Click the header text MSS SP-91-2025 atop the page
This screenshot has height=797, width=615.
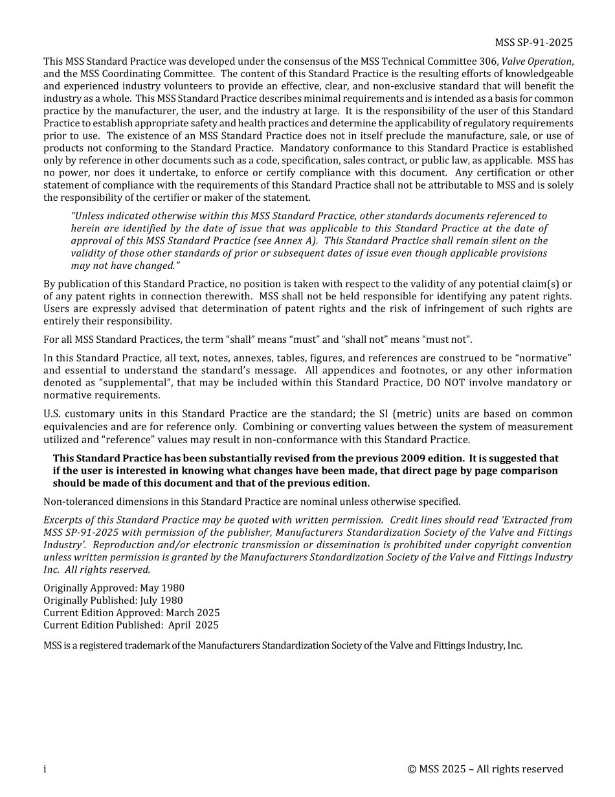pos(533,43)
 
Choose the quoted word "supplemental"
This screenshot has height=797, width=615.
pos(137,383)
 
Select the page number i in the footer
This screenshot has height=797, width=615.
pos(45,770)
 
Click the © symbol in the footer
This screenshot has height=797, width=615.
pos(412,770)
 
